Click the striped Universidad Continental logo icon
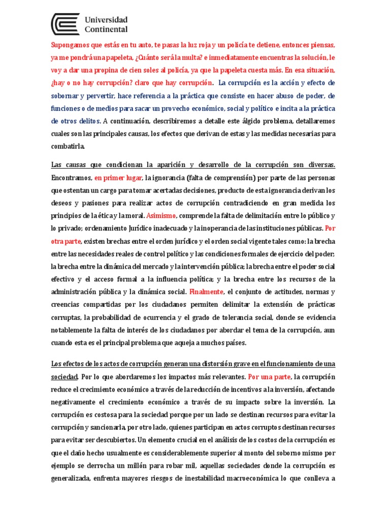[x=66, y=24]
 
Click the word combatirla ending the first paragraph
[x=69, y=147]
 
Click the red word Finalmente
[x=206, y=292]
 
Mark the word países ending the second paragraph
[x=231, y=343]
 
